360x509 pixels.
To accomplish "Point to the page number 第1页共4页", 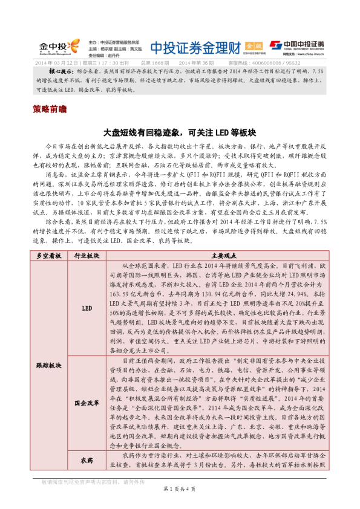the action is (180, 488).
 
